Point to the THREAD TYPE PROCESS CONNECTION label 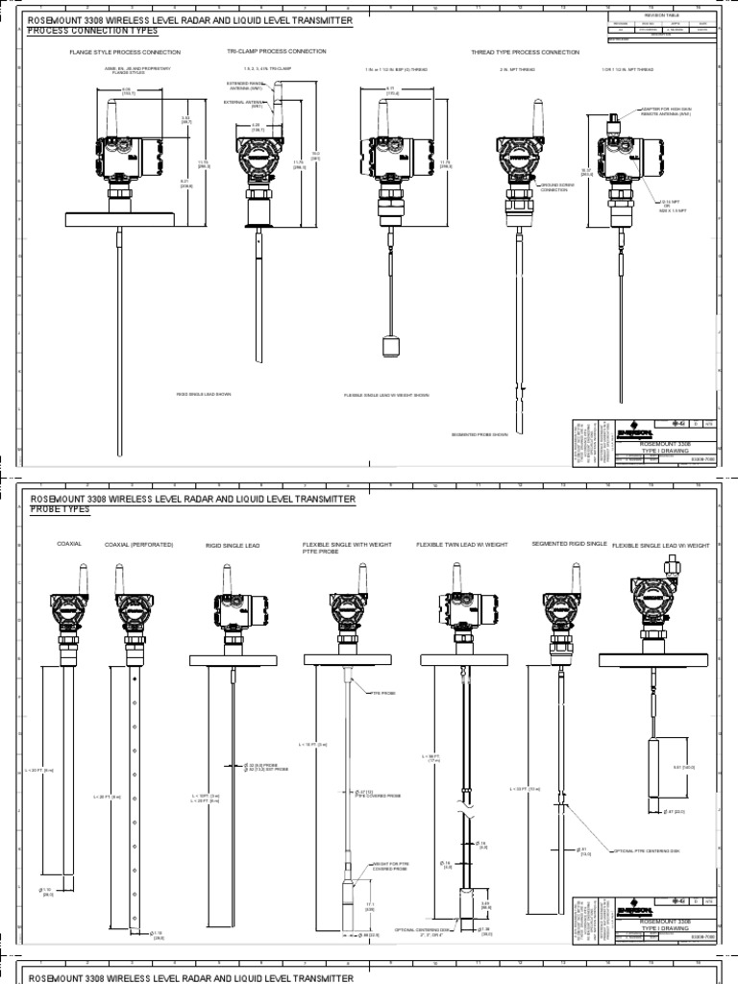click(x=525, y=52)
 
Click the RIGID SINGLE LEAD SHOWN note click(x=204, y=394)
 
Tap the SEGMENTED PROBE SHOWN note click(x=480, y=434)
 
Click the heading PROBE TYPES click(x=60, y=509)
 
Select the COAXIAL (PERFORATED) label click(x=138, y=544)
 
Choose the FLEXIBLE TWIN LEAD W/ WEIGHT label click(x=461, y=544)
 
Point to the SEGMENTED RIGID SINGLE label click(x=569, y=544)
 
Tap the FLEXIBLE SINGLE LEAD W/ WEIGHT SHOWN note click(x=386, y=395)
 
